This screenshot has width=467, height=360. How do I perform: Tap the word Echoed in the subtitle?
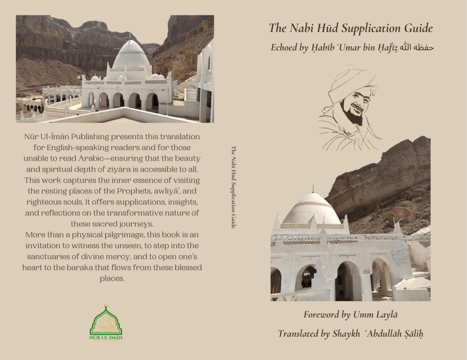(284, 47)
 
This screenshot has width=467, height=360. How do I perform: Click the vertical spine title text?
(233, 187)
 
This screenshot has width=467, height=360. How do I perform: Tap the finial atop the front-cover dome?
(313, 188)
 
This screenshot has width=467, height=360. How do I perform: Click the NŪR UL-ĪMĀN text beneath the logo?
(106, 338)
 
